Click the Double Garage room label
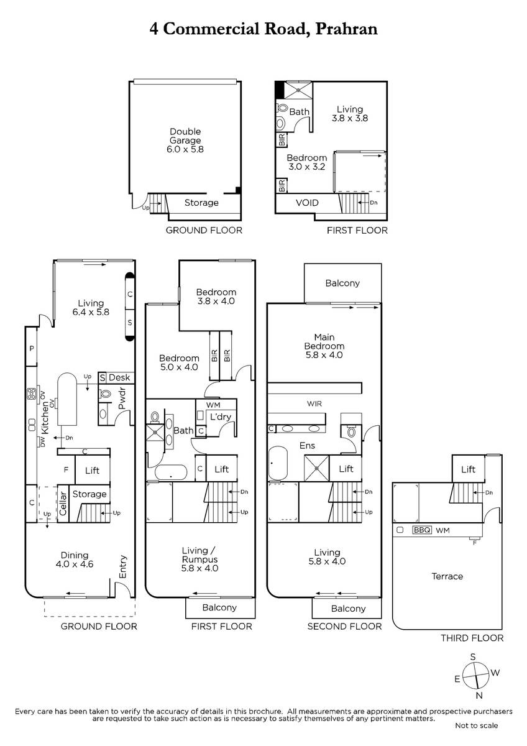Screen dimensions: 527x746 (185, 136)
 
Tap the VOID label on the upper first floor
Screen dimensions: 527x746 (307, 203)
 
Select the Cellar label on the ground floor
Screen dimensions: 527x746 (63, 503)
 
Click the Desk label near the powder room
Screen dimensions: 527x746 (119, 377)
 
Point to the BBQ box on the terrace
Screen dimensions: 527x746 (422, 530)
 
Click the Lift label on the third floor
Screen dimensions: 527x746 (468, 469)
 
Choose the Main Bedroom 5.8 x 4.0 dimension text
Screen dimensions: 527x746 (324, 355)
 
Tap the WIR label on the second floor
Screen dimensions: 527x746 (314, 403)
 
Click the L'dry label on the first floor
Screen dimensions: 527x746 (221, 417)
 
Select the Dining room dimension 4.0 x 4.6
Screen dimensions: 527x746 (75, 564)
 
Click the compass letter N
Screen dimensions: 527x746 (479, 695)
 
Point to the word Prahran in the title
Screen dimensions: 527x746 (346, 29)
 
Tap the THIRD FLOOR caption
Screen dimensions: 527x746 (472, 638)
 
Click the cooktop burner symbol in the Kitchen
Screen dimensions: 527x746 (32, 394)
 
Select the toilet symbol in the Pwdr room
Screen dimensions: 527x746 (105, 394)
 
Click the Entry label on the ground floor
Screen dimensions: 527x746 (123, 566)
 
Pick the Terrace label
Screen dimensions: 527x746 (447, 576)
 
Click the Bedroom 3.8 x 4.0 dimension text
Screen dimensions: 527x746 (216, 301)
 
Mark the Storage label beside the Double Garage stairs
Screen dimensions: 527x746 (201, 203)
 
